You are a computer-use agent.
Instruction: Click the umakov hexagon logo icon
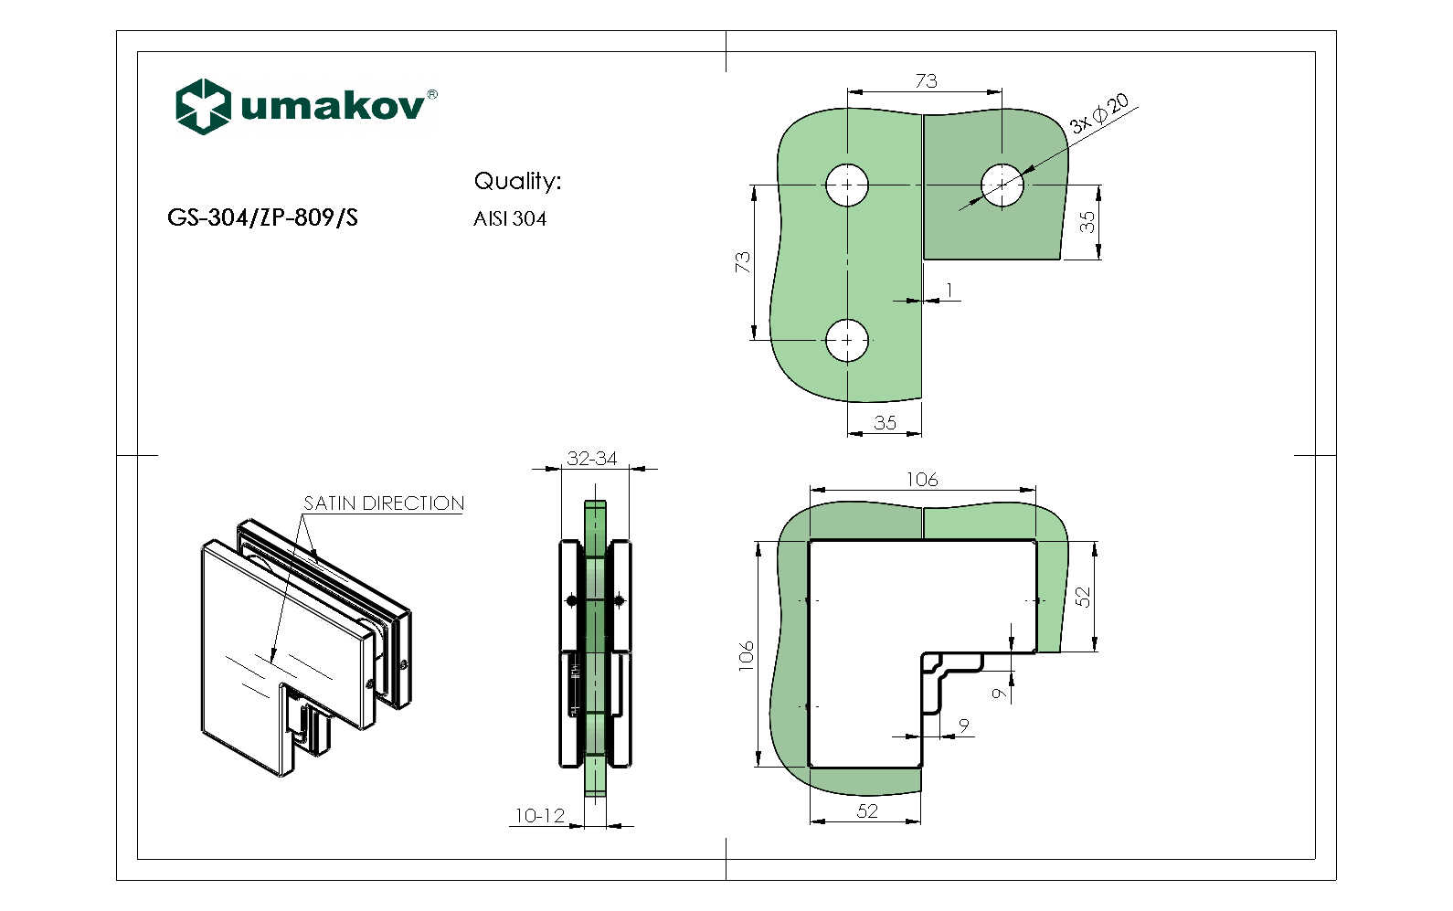coord(202,106)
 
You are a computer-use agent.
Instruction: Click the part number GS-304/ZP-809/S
coord(262,217)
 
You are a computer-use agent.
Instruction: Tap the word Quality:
coord(517,181)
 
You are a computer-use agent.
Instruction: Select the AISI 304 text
coord(510,219)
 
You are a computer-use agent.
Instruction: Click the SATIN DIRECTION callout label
coord(384,503)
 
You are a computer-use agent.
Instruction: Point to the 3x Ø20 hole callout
coord(1099,113)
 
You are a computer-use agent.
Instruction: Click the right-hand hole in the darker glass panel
coord(1002,185)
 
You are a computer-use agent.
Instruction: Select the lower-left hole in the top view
coord(847,340)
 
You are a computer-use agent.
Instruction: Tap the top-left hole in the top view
coord(847,185)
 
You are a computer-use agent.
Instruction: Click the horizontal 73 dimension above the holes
coord(926,81)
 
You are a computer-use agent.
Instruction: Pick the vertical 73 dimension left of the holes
coord(742,262)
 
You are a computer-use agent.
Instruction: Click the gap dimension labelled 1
coord(949,291)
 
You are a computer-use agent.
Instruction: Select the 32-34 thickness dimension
coord(592,459)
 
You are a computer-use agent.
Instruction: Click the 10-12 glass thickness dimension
coord(540,815)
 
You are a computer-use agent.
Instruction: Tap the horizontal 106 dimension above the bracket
coord(922,480)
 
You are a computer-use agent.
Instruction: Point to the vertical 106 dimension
coord(747,655)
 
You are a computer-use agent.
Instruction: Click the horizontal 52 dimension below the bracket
coord(867,810)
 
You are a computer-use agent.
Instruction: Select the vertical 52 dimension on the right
coord(1083,597)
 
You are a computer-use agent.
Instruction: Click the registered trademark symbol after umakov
coord(432,94)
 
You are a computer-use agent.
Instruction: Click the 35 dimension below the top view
coord(885,423)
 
